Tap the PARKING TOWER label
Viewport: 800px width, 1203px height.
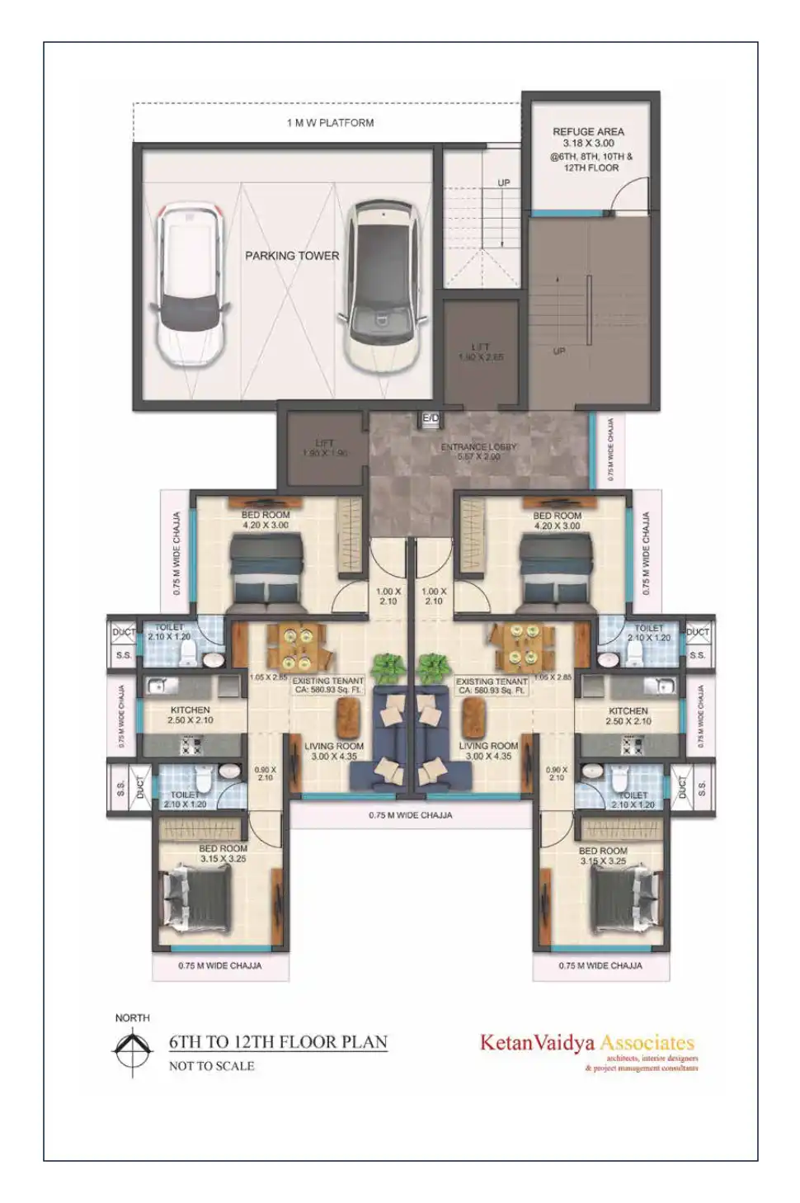(x=292, y=256)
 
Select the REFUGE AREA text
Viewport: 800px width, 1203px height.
(x=588, y=132)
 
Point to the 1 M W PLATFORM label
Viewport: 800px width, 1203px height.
(x=330, y=123)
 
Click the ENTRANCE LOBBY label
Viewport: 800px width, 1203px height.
(x=478, y=447)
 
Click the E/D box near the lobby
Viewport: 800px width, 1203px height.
(x=431, y=419)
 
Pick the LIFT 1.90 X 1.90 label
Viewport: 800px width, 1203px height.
(x=324, y=448)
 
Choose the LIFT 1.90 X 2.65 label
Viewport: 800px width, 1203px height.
(x=481, y=352)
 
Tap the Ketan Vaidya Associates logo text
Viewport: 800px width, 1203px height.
(x=586, y=1043)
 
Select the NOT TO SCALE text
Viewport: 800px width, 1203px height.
(x=211, y=1066)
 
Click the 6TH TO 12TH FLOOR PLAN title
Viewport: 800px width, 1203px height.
(x=278, y=1042)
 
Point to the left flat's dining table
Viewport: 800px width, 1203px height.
(x=296, y=648)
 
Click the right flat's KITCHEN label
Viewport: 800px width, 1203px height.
(x=628, y=710)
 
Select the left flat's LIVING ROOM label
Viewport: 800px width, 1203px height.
(x=334, y=746)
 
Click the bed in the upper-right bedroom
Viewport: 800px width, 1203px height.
(x=557, y=568)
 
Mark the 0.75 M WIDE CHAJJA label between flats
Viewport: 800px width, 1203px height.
(x=410, y=815)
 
